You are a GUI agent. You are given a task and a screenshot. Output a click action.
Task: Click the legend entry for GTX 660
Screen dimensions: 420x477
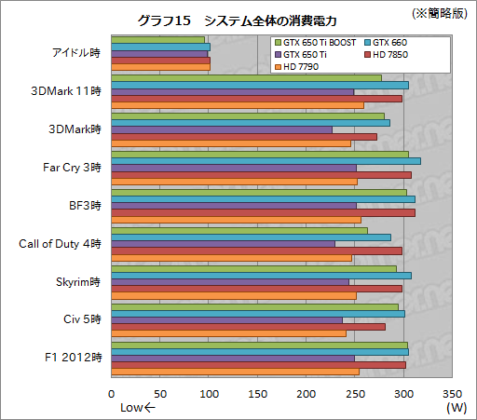click(x=388, y=43)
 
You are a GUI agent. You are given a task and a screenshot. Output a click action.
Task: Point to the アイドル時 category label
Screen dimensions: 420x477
click(x=76, y=53)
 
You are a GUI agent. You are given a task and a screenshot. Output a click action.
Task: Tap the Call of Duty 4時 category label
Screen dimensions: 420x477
click(x=61, y=244)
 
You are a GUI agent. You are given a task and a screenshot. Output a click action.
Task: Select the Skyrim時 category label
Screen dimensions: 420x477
click(x=79, y=282)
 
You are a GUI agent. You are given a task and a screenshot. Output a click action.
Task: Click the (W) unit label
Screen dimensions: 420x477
click(x=456, y=408)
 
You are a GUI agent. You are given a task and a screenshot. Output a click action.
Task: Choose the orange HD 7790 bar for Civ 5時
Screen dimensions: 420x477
click(x=228, y=332)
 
